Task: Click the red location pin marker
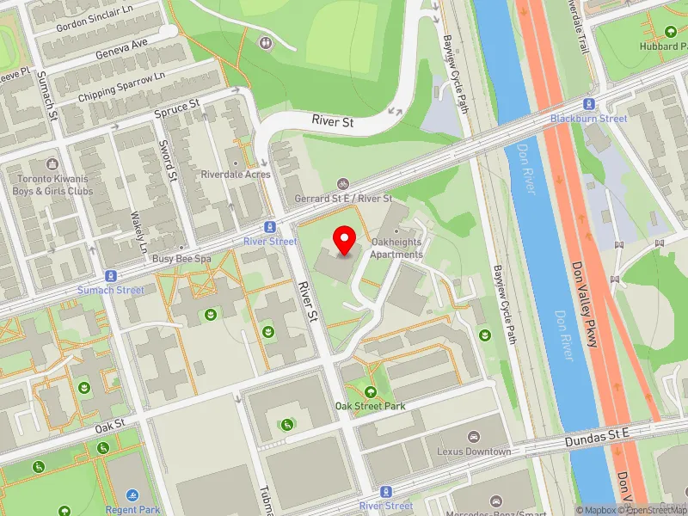(346, 240)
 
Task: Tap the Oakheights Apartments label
(396, 249)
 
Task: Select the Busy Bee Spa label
(181, 258)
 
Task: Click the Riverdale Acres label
(236, 175)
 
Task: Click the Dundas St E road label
(598, 439)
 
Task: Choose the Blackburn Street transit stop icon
(589, 104)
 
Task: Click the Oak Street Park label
(370, 405)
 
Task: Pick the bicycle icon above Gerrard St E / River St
(343, 184)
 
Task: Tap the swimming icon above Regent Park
(132, 496)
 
